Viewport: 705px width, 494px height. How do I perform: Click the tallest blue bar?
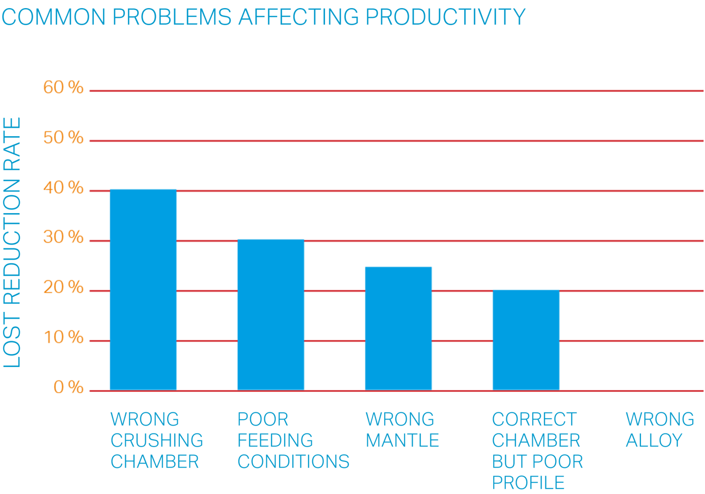pyautogui.click(x=143, y=289)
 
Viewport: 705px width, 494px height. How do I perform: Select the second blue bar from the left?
pyautogui.click(x=270, y=314)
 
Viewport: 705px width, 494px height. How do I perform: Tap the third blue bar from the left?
pyautogui.click(x=398, y=340)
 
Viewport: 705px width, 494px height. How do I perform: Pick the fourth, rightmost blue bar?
pyautogui.click(x=526, y=340)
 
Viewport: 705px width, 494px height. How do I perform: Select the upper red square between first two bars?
pyautogui.click(x=207, y=264)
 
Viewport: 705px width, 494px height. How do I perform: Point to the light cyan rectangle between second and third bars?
pyautogui.click(x=335, y=366)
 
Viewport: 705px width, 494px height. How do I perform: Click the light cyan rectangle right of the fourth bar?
pyautogui.click(x=632, y=366)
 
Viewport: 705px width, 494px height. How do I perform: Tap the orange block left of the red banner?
pyautogui.click(x=66, y=115)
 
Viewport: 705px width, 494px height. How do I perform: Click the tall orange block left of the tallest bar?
pyautogui.click(x=66, y=240)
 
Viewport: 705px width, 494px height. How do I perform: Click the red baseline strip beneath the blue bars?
pyautogui.click(x=397, y=401)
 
